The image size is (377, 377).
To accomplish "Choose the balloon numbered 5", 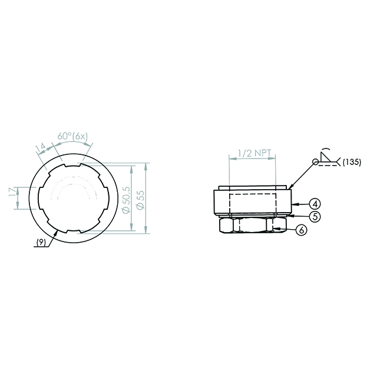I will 315,217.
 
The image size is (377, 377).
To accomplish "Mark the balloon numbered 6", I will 301,230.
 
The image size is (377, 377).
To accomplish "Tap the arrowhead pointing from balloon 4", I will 296,204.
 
